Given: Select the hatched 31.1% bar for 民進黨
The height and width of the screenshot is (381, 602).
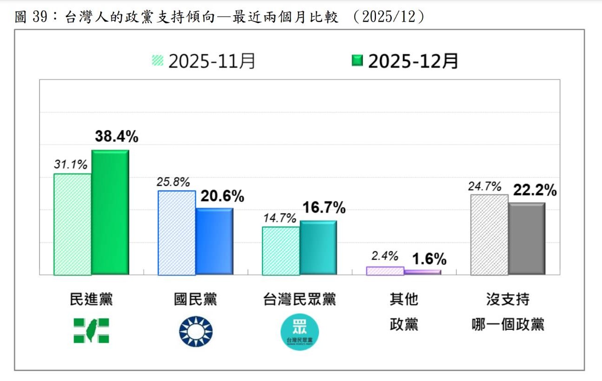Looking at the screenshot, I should click(x=72, y=224).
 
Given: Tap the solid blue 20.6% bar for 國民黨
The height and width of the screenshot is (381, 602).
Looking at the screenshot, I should click(x=214, y=241).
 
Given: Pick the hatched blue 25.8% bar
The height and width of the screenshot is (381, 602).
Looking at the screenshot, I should click(x=176, y=233).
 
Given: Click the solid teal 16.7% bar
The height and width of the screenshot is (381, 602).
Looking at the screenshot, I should click(x=318, y=248).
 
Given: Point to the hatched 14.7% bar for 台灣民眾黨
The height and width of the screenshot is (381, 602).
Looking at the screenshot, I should click(x=280, y=251).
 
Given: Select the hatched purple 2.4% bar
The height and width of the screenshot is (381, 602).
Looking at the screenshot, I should click(x=385, y=271).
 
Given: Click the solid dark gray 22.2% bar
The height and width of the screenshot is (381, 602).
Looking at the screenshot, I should click(x=526, y=239).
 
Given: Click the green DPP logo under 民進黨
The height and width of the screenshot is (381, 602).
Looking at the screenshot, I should click(x=91, y=330).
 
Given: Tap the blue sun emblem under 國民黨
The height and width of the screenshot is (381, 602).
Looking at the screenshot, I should click(x=195, y=331).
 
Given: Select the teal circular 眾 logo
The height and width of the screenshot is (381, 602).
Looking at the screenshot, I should click(x=300, y=332).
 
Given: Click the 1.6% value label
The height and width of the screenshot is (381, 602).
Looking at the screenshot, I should click(x=429, y=259).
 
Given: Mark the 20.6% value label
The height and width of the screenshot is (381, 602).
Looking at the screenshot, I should click(x=222, y=196).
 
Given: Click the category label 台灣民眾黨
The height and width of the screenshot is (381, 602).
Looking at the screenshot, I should click(x=300, y=300).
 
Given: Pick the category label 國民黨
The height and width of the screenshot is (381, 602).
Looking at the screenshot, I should click(x=195, y=300).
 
